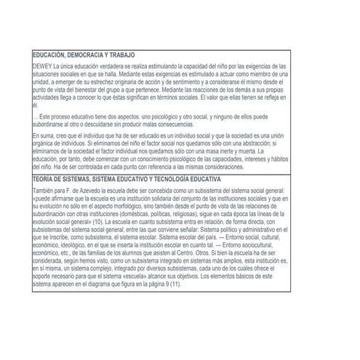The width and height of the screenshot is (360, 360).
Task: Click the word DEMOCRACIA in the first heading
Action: coord(84,55)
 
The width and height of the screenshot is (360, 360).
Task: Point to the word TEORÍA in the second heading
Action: coord(44,177)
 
